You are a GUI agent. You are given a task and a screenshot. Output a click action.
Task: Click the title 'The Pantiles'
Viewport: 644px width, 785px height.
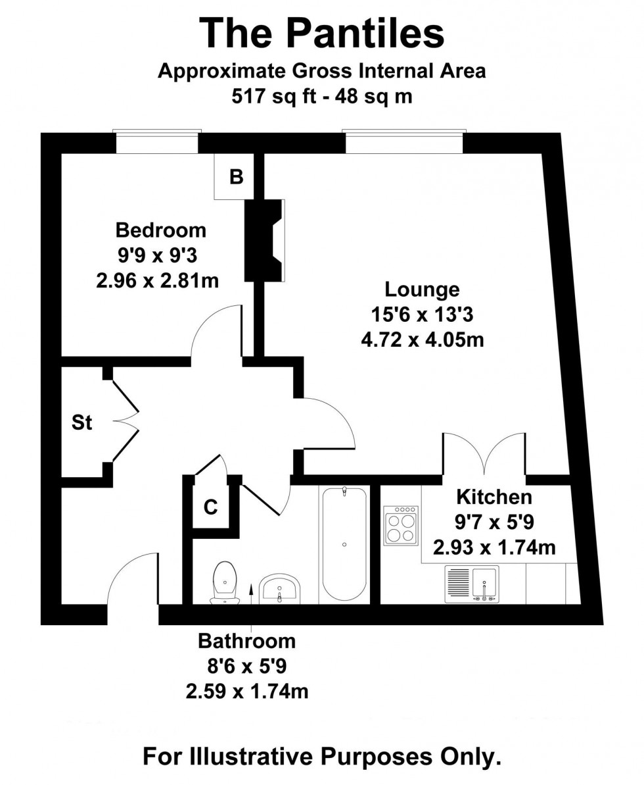(322, 33)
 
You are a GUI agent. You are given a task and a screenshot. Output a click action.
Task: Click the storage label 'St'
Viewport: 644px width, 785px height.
(82, 422)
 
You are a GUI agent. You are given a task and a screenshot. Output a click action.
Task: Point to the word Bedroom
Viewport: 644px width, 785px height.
(160, 230)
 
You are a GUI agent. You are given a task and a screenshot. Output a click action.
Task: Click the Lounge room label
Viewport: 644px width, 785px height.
(422, 290)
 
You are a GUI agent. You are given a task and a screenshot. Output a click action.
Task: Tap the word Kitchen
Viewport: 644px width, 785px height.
(494, 497)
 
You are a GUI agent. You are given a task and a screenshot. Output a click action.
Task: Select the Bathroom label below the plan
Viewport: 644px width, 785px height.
(246, 641)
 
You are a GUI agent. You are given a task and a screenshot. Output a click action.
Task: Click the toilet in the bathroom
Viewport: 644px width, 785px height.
(225, 582)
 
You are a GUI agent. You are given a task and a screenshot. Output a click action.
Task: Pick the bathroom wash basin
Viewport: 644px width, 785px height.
(279, 588)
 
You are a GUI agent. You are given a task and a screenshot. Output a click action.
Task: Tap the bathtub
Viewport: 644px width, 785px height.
(344, 544)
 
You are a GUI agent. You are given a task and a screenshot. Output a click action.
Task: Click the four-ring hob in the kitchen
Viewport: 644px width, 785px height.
(401, 525)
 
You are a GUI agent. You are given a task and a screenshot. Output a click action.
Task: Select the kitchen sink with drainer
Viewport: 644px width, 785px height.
(472, 584)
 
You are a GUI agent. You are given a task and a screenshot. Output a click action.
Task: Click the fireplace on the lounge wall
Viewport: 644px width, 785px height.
(264, 240)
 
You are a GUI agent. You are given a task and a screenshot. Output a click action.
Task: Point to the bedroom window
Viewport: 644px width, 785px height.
(157, 141)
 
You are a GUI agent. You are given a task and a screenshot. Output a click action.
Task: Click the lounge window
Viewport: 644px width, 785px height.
(404, 141)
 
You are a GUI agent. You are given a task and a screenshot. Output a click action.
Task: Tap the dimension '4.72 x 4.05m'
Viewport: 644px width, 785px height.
(422, 340)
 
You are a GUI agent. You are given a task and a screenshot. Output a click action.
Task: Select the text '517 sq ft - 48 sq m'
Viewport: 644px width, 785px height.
(322, 95)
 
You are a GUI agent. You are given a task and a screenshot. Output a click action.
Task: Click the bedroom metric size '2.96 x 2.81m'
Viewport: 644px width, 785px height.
(158, 280)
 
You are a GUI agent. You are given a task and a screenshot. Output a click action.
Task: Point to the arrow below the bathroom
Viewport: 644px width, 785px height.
(251, 606)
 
